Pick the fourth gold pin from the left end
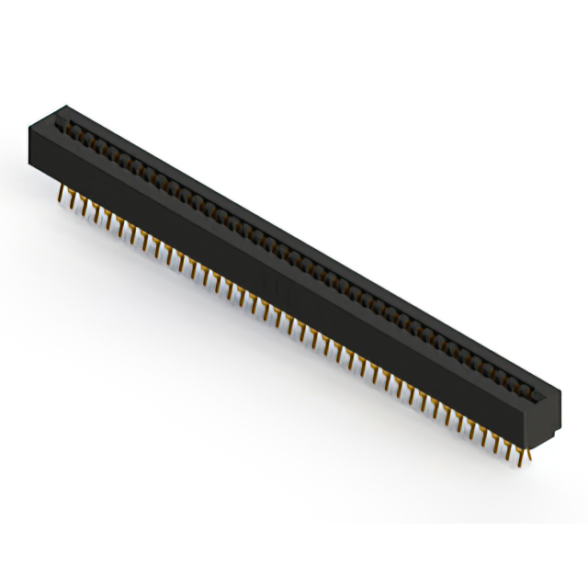tap(96, 213)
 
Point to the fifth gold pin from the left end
tap(108, 220)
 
